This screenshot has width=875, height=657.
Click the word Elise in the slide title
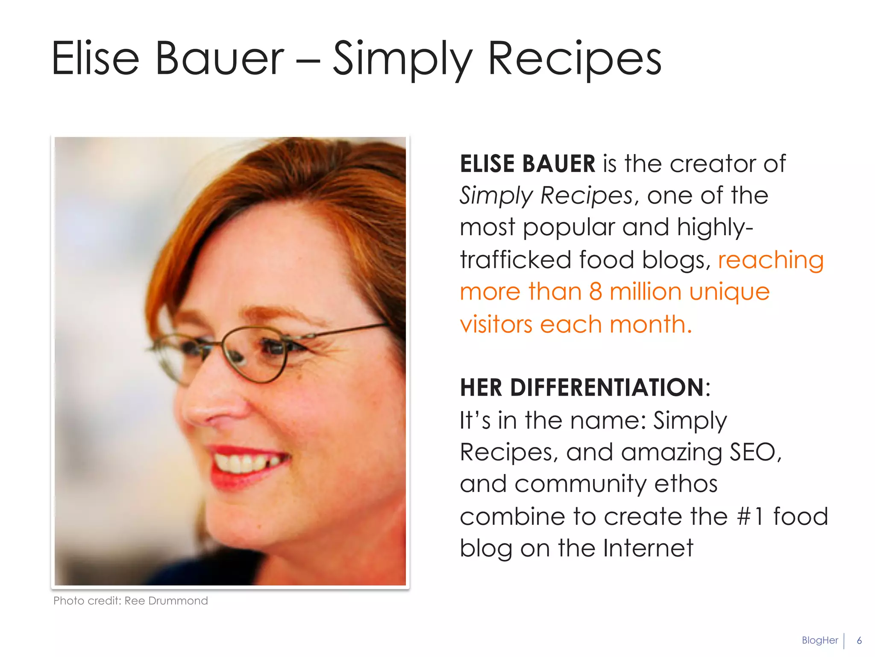click(95, 59)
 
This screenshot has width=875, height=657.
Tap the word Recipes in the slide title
click(574, 59)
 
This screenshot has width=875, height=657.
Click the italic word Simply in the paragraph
click(496, 196)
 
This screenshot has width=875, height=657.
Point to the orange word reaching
click(771, 260)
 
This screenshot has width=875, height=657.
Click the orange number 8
click(596, 292)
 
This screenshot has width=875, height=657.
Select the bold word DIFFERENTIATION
click(607, 388)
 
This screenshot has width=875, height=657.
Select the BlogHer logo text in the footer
click(819, 640)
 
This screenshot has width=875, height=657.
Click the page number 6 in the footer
click(859, 640)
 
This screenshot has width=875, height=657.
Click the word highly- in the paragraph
click(715, 228)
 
